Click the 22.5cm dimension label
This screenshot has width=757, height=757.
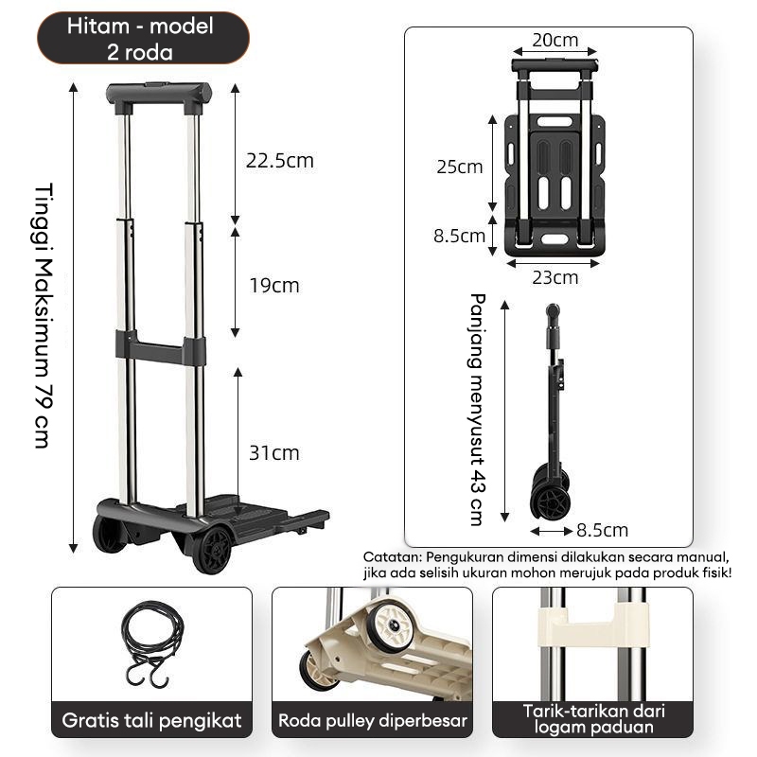coord(279,161)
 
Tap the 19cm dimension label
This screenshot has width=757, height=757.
coord(273,285)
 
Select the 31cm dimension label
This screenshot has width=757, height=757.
coord(274,453)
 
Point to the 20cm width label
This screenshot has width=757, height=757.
coord(555,41)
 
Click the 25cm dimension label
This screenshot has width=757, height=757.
coord(460,167)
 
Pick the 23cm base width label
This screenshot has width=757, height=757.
coord(555,277)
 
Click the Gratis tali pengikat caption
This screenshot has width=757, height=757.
coord(151,720)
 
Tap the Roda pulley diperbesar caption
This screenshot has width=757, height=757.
coord(373,721)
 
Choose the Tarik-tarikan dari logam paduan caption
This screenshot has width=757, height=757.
coord(592,720)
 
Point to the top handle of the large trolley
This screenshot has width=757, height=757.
coord(159,95)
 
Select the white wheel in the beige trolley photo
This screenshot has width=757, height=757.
coord(390,627)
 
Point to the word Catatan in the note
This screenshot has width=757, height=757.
coord(391,557)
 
